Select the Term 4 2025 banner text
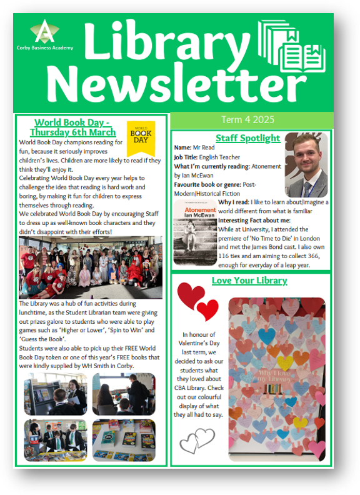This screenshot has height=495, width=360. (x=247, y=120)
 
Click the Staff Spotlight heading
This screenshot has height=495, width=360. (x=247, y=138)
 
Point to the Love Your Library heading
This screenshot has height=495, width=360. (x=249, y=280)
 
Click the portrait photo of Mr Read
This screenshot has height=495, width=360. (x=306, y=166)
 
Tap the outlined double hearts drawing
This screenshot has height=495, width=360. (x=197, y=441)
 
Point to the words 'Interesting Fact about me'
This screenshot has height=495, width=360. (x=254, y=221)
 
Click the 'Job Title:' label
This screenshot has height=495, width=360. (x=187, y=157)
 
